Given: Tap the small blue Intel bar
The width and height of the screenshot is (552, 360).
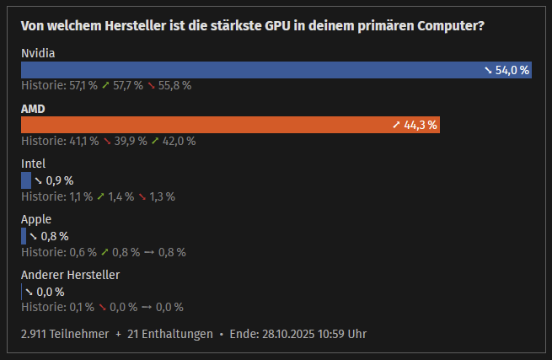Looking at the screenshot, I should [26, 180].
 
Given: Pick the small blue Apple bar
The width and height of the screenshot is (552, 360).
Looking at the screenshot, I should [24, 236].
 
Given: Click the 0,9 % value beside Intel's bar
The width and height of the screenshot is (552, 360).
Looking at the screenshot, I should [59, 180].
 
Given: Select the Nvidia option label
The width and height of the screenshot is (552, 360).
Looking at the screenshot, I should [38, 54].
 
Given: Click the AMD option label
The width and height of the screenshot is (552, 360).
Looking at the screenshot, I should [33, 109].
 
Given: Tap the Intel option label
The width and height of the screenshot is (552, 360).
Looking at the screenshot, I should [33, 164].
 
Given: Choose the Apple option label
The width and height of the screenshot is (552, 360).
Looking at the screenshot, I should [36, 219].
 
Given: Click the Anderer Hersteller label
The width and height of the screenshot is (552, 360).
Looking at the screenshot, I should [70, 275].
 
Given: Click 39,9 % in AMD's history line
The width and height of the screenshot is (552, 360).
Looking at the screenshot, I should [131, 141].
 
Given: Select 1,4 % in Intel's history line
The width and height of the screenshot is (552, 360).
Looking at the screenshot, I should [121, 196].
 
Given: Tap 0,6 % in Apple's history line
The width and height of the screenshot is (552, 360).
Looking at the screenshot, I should [82, 252].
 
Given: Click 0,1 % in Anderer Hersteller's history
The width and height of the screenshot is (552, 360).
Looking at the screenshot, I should [81, 307].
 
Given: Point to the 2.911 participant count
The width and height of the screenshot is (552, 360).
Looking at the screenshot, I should [36, 334].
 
